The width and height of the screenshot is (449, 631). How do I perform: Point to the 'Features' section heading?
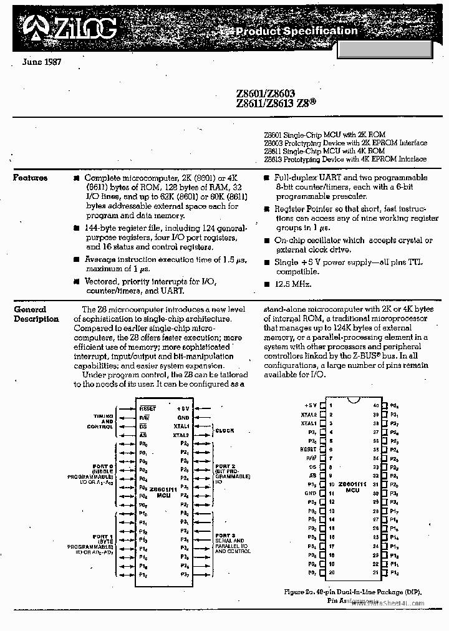[x=31, y=178]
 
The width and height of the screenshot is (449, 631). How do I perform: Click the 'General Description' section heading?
[x=36, y=314]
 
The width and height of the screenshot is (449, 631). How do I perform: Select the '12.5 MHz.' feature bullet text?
[x=293, y=284]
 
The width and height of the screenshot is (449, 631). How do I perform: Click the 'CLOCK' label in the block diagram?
[x=224, y=430]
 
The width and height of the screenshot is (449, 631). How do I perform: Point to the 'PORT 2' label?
[x=225, y=466]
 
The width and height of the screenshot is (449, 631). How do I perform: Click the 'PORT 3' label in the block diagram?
[x=225, y=536]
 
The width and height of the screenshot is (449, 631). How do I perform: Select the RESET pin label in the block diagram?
[x=148, y=408]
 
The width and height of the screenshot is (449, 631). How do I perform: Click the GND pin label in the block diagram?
[x=183, y=417]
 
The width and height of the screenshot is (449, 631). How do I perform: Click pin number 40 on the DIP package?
[x=375, y=405]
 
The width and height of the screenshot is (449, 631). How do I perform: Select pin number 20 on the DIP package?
[x=332, y=572]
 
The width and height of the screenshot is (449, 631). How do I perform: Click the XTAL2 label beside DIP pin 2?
[x=309, y=414]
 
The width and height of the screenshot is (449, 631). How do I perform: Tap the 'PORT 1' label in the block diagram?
[x=102, y=536]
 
